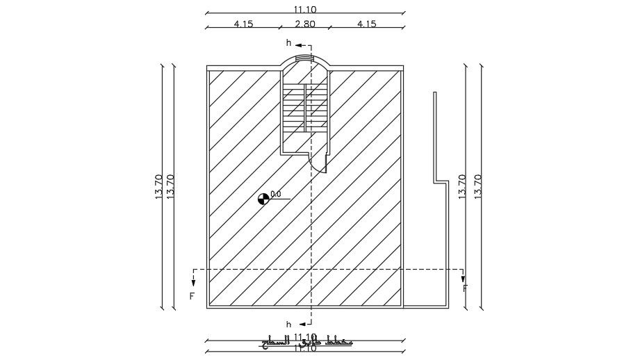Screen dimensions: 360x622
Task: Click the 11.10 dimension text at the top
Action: [304, 8]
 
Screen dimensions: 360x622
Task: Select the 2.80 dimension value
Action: [305, 23]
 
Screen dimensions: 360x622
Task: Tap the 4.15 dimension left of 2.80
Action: [243, 23]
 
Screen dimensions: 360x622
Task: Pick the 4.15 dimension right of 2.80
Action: [366, 23]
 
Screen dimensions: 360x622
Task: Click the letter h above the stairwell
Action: [289, 43]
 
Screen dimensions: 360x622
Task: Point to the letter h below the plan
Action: [289, 324]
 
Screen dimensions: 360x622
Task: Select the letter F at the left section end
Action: [192, 295]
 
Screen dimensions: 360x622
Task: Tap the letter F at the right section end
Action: [465, 288]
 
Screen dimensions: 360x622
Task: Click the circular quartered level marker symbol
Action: [263, 199]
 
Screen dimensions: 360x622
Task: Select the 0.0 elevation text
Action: [275, 195]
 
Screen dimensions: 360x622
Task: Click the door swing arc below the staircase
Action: [320, 164]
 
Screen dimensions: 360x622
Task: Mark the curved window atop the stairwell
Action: [304, 59]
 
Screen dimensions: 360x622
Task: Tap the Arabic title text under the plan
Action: [306, 342]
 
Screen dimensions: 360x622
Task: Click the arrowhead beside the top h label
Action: [299, 43]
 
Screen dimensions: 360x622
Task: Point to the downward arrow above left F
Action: [193, 280]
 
